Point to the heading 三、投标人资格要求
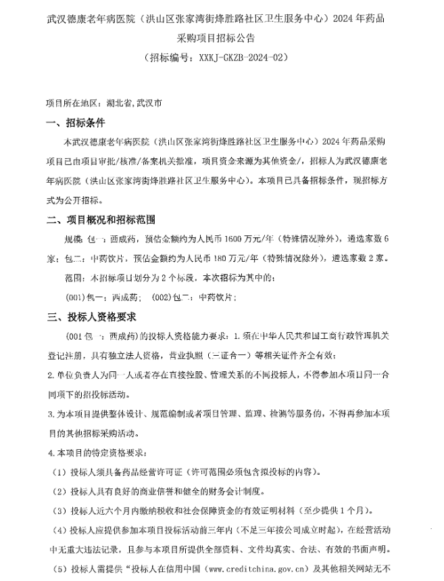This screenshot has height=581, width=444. pos(91,317)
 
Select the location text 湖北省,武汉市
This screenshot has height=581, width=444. pos(134,104)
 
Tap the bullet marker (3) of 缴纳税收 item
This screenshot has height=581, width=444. pos(59,509)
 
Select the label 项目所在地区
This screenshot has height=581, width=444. pos(72,104)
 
